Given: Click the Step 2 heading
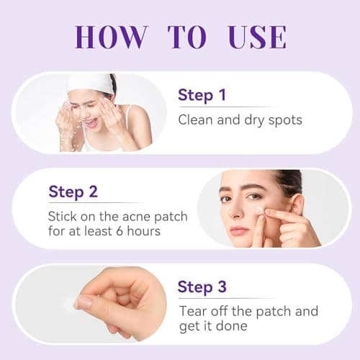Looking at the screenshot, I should [73, 192].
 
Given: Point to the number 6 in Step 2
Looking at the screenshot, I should [122, 230].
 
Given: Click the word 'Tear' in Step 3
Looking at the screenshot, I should [192, 311].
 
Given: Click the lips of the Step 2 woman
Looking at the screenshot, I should [239, 230].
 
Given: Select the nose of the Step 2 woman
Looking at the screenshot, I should [237, 212].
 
